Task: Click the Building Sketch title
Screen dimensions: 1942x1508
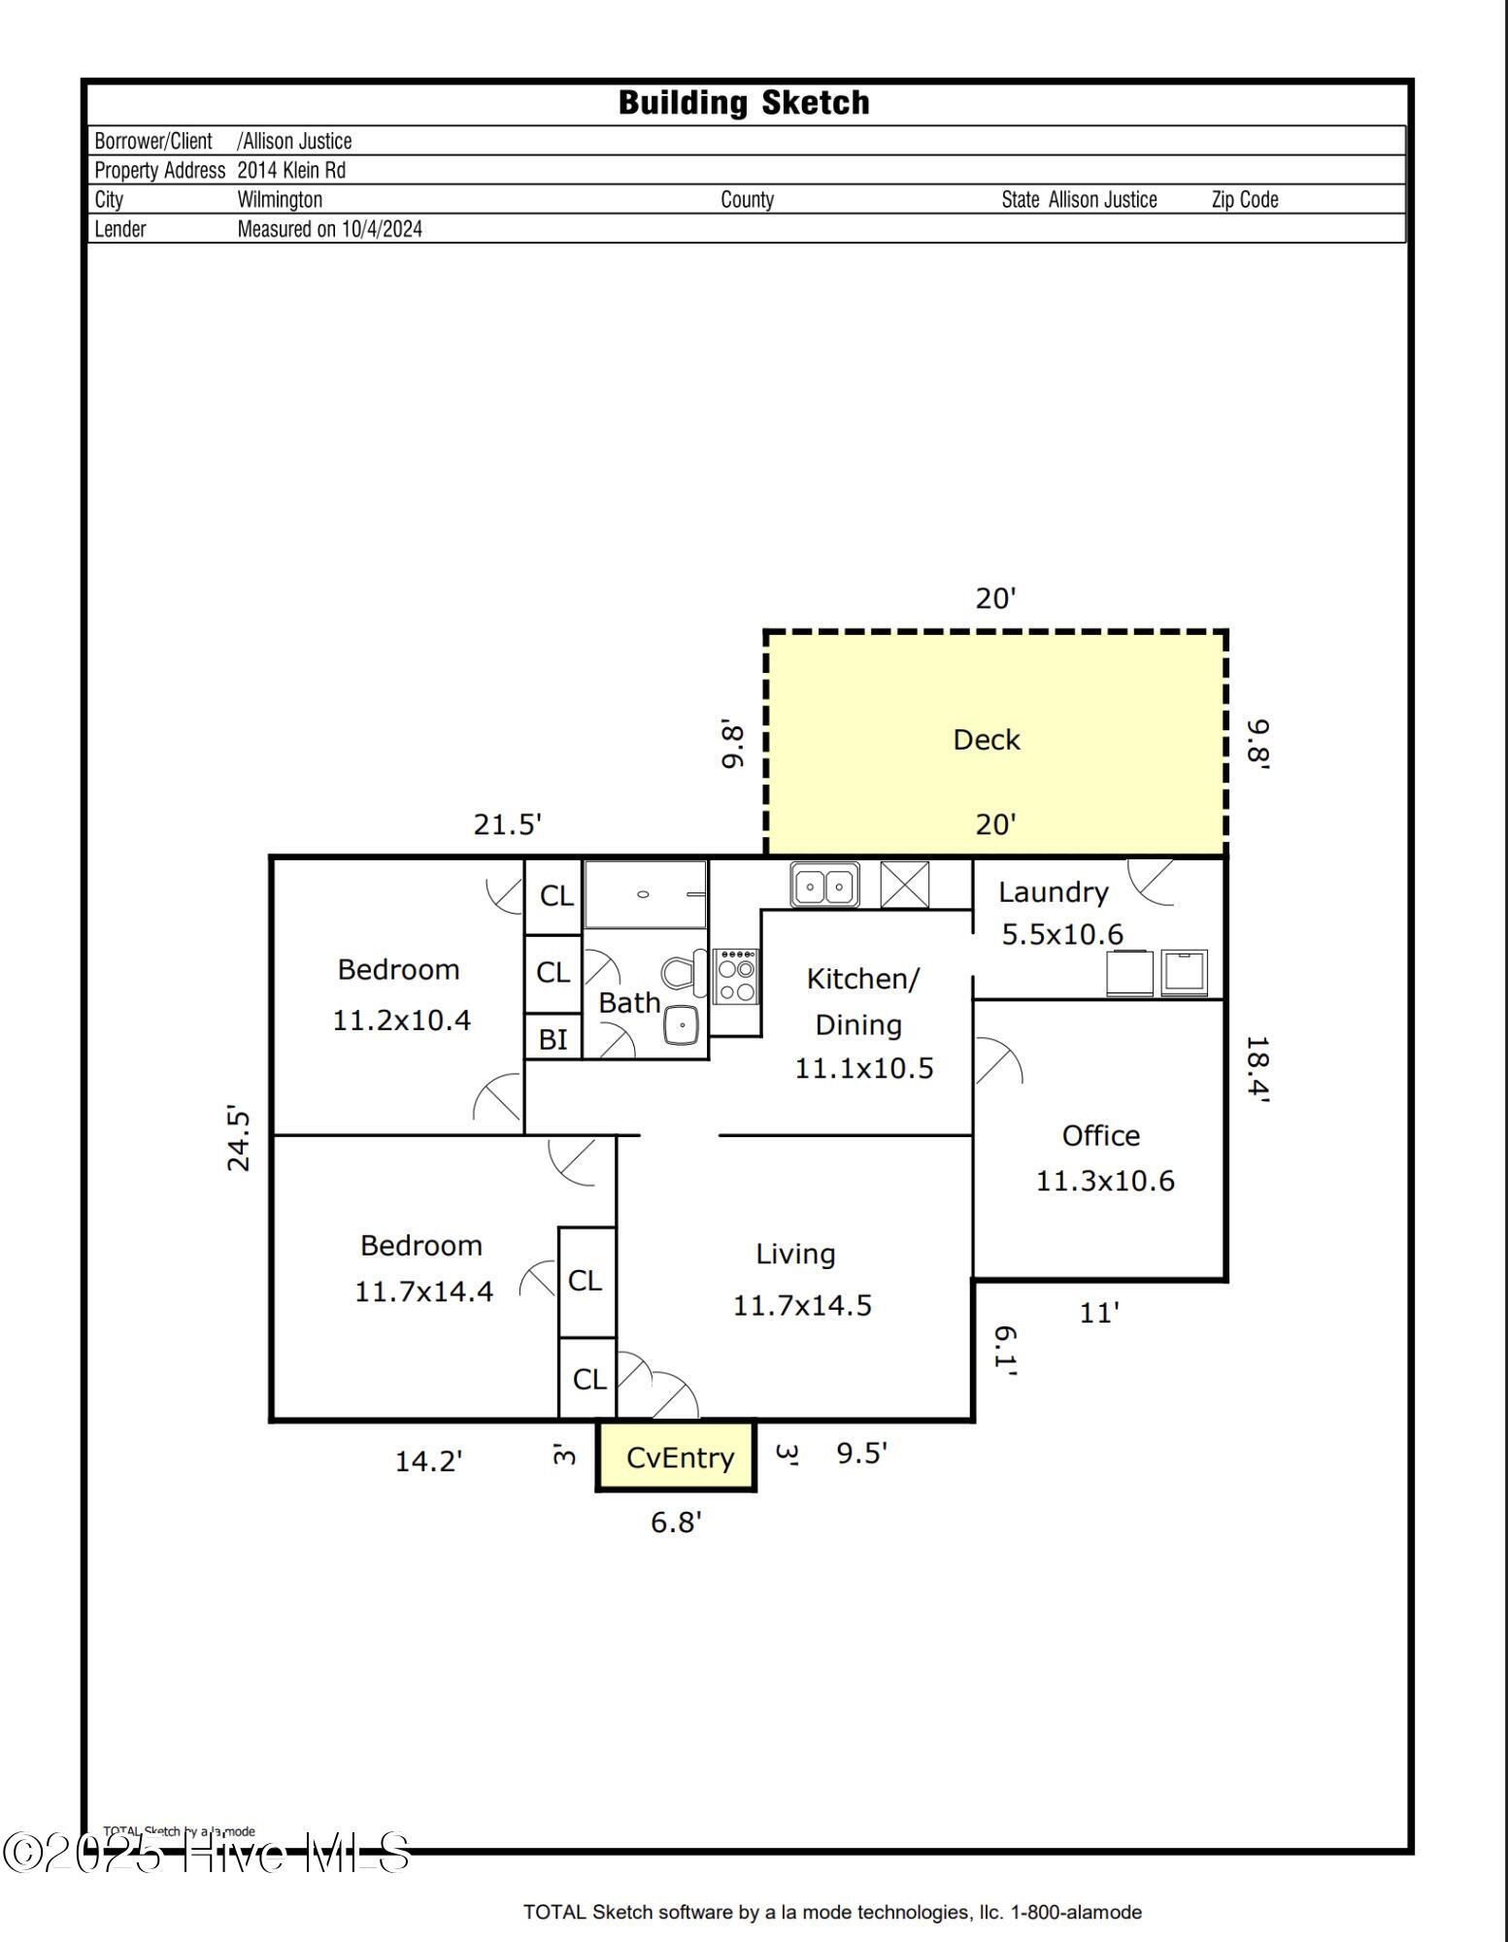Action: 744,103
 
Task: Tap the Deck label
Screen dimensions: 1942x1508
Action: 986,740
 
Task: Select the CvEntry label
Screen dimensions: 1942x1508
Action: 680,1457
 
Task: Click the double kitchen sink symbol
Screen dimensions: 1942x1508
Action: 824,886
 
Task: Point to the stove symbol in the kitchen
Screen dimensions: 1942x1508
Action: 735,977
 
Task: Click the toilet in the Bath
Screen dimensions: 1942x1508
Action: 683,972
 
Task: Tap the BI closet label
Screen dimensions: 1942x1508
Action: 553,1039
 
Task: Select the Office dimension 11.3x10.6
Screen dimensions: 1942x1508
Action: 1105,1181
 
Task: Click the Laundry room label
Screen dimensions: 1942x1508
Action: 1053,892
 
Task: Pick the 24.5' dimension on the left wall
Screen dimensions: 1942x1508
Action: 239,1138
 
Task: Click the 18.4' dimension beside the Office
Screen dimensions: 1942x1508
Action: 1257,1069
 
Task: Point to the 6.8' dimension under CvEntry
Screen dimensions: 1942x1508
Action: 676,1523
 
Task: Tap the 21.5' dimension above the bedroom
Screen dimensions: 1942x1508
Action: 507,824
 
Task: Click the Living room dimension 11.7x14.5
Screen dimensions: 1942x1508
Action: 802,1305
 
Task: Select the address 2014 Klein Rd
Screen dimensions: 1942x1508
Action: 291,171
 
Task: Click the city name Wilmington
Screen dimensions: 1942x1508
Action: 280,200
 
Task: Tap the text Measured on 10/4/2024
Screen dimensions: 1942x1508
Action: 330,229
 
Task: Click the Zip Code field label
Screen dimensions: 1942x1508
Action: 1245,200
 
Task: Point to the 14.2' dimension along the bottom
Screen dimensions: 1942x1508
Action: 428,1461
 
